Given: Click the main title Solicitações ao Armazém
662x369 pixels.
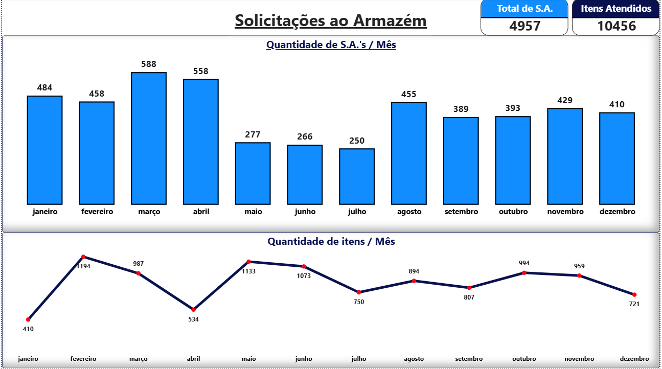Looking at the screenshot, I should coord(331,21).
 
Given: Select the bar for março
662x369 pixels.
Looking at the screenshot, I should coord(149,138).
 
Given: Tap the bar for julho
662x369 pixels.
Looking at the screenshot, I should coord(357,176).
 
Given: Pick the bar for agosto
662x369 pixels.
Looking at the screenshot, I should coord(409,153).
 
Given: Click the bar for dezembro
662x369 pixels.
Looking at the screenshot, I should coord(617,158).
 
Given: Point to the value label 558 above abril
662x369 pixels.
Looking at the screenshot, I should coord(201,72).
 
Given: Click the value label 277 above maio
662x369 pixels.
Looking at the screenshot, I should coord(253,135).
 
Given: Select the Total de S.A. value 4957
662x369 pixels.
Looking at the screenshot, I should coord(524,26).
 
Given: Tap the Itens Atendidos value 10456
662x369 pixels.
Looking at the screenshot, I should coord(616,26).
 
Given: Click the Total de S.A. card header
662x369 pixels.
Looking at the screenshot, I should coord(524,9).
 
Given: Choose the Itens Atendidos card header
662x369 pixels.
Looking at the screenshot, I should coord(616,9).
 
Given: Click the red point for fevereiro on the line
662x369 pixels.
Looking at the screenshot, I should coord(83,257).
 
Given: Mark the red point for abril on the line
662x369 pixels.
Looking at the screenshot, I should coord(193,310).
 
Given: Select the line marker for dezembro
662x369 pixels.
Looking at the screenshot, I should coord(634,294).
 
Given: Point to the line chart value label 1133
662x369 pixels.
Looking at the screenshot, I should coord(248,271).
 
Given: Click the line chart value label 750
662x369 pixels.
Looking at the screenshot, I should coord(359,302).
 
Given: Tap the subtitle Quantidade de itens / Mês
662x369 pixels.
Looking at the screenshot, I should coord(331,241).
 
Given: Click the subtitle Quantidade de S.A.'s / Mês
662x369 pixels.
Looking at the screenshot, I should coord(331,45).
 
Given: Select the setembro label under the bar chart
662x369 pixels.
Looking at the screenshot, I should coord(461,212).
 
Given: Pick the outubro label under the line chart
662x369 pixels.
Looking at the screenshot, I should coord(524,359).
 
